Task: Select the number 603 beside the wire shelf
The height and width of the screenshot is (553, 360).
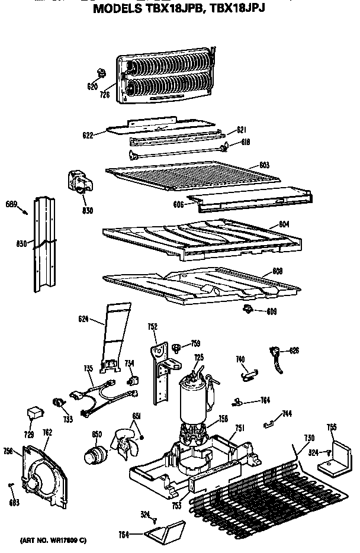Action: [265, 165]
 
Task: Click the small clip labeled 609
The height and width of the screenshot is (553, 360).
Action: [245, 308]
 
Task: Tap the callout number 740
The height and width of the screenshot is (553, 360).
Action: [240, 359]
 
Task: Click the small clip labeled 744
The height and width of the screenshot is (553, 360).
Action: [271, 422]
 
